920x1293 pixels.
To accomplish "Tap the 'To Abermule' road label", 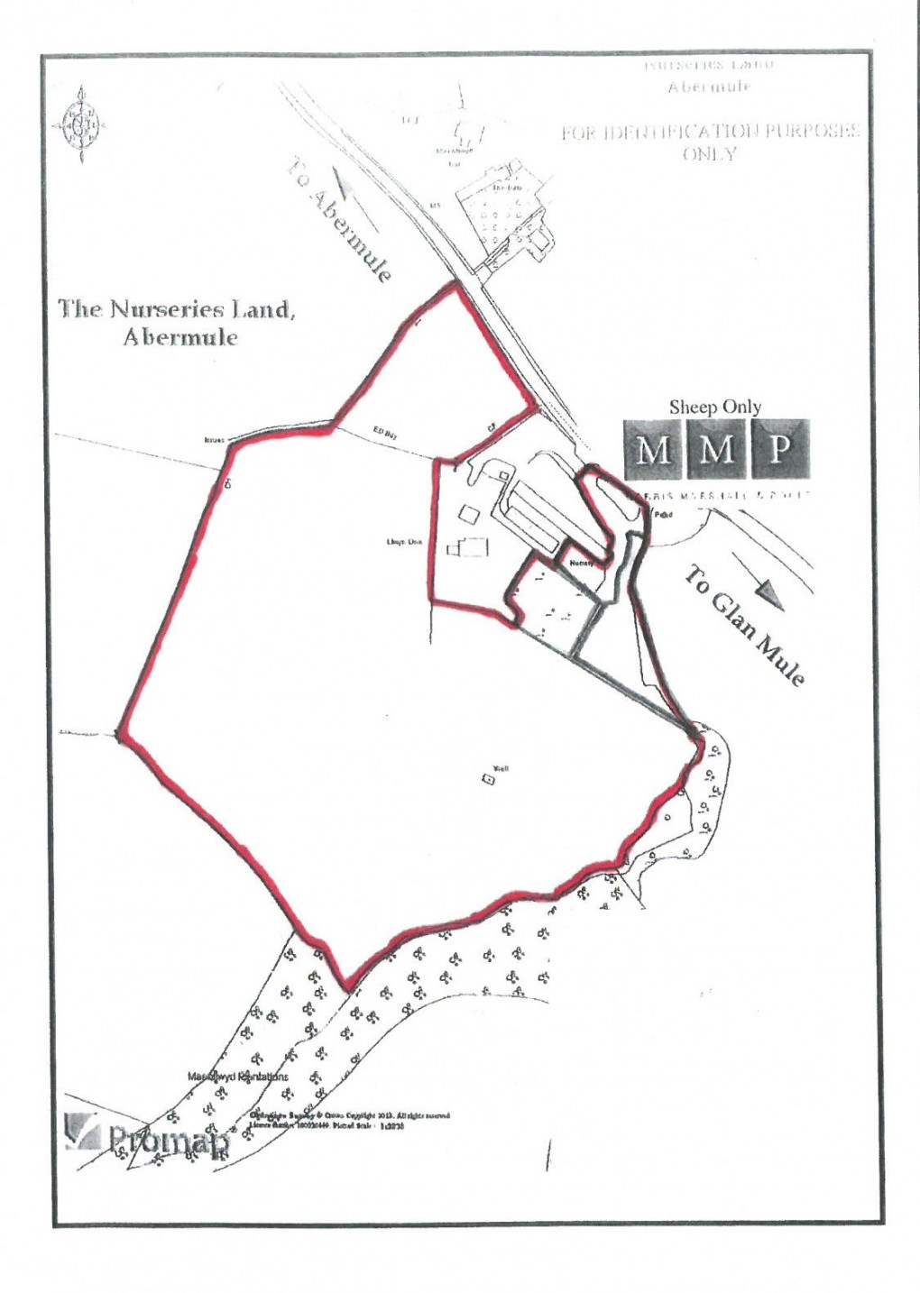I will [340, 220].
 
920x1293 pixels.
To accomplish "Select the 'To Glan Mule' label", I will [745, 626].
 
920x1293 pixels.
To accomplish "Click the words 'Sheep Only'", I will [714, 408].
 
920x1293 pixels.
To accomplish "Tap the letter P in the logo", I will [780, 449].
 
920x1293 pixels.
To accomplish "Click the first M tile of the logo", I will [653, 449].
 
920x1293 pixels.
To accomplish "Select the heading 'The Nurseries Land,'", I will [177, 309].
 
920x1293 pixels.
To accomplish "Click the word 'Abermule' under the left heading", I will [180, 337].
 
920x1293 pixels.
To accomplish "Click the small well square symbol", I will [488, 781].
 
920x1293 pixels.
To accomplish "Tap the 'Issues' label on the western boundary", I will [214, 441].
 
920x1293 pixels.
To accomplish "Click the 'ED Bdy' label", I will [387, 435].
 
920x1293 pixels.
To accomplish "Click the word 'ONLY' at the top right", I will [709, 154].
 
